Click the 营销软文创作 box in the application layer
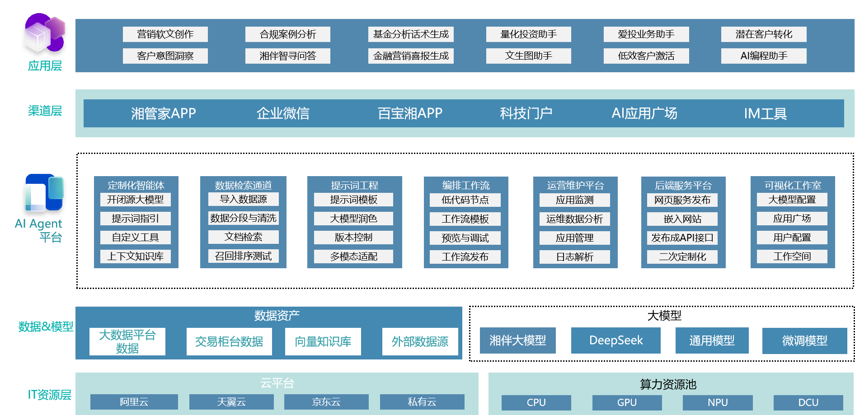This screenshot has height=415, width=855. tap(165, 34)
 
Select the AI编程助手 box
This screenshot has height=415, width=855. tap(764, 56)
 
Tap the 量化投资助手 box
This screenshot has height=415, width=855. tap(528, 34)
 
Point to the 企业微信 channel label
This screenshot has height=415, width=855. tap(283, 113)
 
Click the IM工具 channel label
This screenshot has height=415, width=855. tap(765, 113)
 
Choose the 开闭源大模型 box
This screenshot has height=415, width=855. tap(136, 200)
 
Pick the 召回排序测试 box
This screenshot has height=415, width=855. tap(243, 256)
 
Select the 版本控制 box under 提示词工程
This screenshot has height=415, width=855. tap(353, 238)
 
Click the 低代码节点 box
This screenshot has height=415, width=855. tap(465, 200)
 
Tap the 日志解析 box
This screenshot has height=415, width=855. tap(574, 257)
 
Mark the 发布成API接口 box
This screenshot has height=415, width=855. tap(682, 238)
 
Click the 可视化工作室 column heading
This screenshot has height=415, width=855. tap(793, 185)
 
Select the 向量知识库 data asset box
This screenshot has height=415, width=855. tap(323, 341)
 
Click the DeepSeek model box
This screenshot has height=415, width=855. tap(615, 340)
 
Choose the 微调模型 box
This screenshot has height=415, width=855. tap(804, 341)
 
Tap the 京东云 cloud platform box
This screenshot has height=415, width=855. tap(326, 402)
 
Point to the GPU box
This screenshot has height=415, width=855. tap(627, 402)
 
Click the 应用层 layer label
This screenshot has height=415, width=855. tap(45, 66)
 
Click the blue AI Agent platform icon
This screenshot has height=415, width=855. tap(44, 193)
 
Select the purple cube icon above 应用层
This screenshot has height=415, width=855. tap(44, 33)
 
